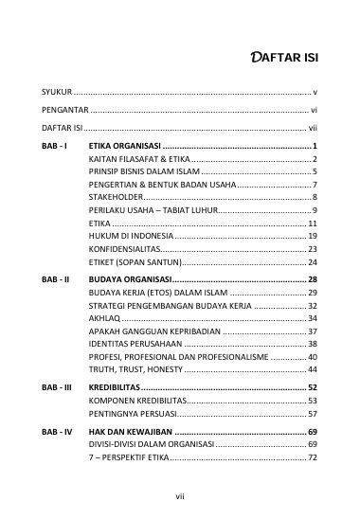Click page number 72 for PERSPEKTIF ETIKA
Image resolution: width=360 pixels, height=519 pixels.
[312, 457]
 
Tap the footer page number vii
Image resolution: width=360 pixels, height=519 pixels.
[180, 495]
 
